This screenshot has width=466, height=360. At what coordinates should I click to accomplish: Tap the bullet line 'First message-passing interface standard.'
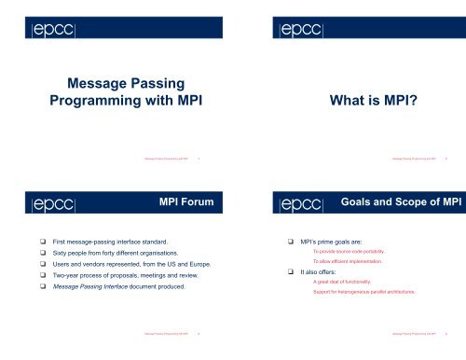(110, 242)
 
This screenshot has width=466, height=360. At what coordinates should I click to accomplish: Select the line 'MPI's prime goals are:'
(329, 242)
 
